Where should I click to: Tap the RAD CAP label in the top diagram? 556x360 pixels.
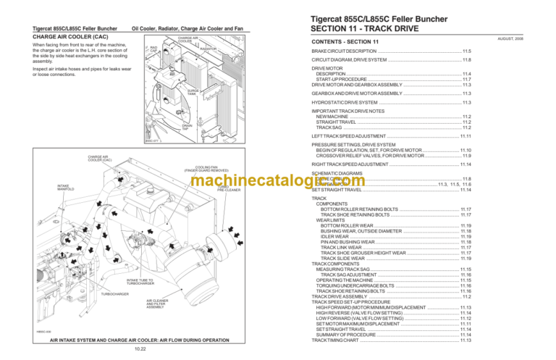coord(153,49)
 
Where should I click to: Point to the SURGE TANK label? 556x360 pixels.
coord(190,91)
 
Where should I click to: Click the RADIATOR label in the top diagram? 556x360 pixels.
coord(208,49)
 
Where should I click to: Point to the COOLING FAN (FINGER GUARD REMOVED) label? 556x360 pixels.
coord(198,169)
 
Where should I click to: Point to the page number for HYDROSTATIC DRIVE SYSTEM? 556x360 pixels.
coord(467,103)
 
